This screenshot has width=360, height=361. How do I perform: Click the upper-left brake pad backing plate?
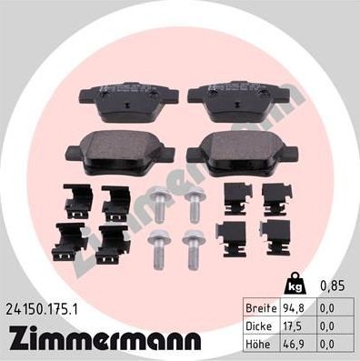click(x=126, y=103)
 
